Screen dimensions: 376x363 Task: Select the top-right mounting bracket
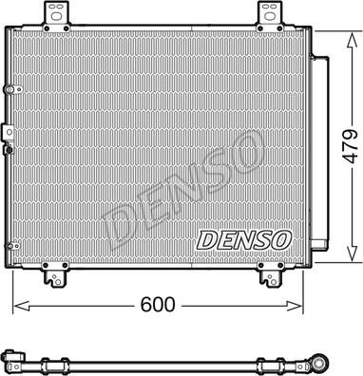pyautogui.click(x=267, y=13)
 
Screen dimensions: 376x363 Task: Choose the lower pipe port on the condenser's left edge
pyautogui.click(x=9, y=146)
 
